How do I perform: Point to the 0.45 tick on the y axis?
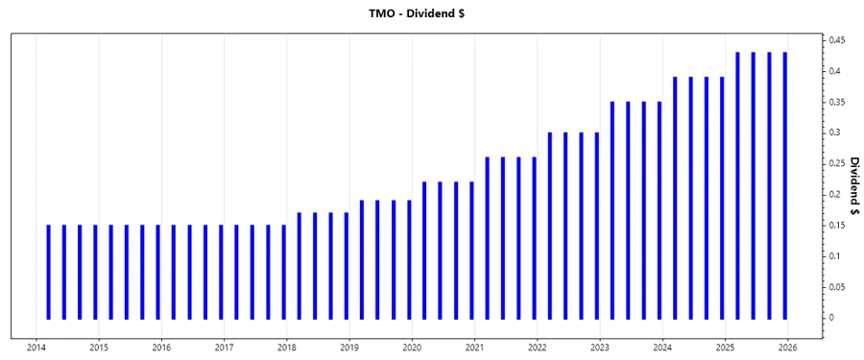coord(837,40)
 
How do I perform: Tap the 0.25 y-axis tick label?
coord(837,163)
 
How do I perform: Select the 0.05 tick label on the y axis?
coord(837,286)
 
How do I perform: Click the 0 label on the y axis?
coord(831,317)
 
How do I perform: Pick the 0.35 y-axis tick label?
coord(837,102)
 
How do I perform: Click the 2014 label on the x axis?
coord(36,348)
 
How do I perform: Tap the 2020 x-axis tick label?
coord(412,348)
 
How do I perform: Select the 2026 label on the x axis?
coord(787,348)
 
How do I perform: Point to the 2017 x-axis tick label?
coord(224,348)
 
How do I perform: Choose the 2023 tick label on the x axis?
coord(599,348)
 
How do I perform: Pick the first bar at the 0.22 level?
coord(424,251)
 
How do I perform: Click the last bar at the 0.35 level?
coord(660,210)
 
